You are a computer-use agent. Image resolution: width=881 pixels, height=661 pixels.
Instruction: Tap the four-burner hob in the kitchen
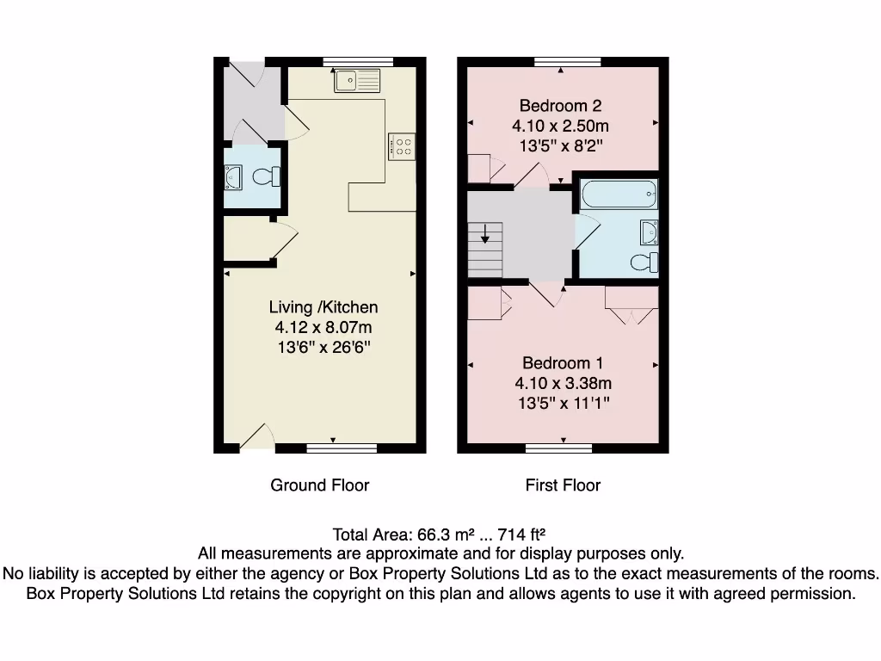[x=403, y=146]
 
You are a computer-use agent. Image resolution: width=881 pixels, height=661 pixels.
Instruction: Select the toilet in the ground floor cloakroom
[x=265, y=177]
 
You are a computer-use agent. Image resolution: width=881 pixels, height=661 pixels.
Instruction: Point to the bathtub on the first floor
[x=619, y=195]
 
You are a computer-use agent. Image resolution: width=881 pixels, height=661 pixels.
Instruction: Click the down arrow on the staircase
[x=485, y=234]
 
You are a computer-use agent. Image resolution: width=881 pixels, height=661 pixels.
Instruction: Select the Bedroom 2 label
[x=560, y=106]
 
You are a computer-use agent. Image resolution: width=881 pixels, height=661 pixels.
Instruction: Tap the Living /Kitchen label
[x=323, y=307]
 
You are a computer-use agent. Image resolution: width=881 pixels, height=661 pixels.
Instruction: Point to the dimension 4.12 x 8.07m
[x=323, y=327]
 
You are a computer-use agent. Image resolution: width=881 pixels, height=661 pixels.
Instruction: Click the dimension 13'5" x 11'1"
[x=563, y=403]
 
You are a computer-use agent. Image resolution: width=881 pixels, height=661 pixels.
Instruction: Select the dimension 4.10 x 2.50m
[x=560, y=126]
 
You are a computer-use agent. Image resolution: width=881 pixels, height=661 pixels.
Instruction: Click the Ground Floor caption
[x=320, y=485]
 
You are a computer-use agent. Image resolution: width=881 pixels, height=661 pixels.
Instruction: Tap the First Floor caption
[x=563, y=485]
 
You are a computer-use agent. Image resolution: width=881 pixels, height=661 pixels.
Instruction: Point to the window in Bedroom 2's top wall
[x=560, y=62]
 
